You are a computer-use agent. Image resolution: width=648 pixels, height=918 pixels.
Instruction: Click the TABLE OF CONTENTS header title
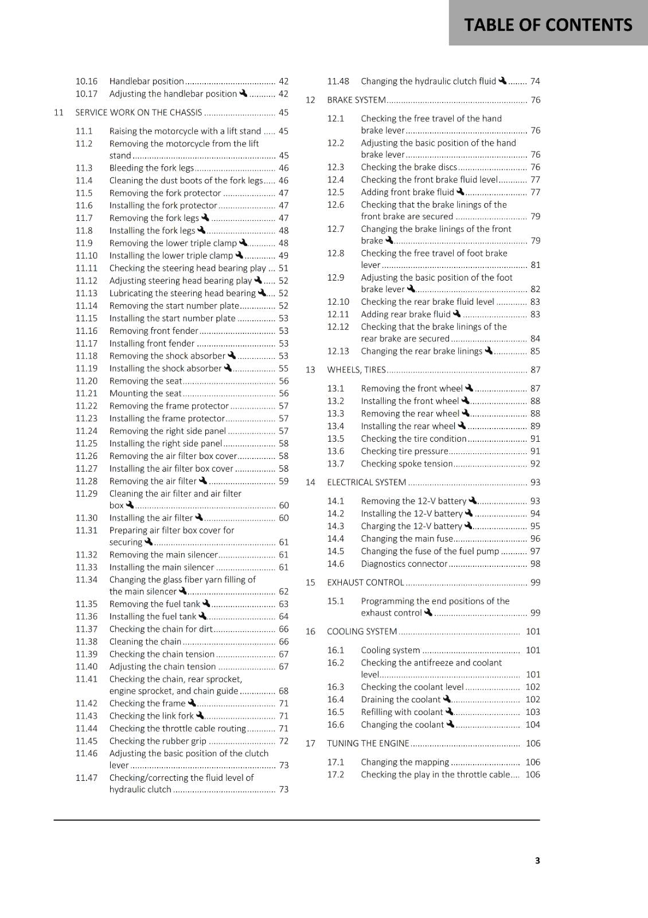pos(548,25)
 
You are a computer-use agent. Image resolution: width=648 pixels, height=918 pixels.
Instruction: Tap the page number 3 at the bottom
pos(537,860)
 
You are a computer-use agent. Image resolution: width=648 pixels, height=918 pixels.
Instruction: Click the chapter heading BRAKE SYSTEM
pos(356,100)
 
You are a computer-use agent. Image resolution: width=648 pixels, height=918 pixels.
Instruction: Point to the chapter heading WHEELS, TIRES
pos(356,370)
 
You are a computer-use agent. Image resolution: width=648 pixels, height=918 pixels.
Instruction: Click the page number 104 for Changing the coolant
pos(533,725)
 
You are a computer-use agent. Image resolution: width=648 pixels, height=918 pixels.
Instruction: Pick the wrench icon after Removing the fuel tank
pos(206,604)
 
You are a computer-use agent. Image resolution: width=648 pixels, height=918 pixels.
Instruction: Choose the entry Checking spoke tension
pos(407,464)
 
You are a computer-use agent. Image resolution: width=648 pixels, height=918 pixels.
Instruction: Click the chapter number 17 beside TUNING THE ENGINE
pos(310,744)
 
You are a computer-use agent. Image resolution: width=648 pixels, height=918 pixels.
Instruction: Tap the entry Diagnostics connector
pos(404,564)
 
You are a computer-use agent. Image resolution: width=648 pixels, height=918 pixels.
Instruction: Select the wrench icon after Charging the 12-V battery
pos(469,526)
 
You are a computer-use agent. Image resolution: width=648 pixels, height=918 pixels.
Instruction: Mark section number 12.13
pos(338,351)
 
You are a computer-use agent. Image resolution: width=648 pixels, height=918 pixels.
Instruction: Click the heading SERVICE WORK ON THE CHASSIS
pos(138,112)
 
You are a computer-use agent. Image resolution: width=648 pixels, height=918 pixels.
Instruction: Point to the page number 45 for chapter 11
pos(283,112)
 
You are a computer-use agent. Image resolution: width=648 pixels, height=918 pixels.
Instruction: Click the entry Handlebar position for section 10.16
pos(146,81)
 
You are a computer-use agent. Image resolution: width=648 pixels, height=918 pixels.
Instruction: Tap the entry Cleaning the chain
pos(145,641)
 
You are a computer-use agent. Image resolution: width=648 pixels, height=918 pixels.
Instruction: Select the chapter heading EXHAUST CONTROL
pos(365,582)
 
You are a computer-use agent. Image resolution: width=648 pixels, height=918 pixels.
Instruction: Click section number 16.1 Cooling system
pos(335,650)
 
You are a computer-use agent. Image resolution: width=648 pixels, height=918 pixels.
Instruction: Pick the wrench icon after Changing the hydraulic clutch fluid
pos(503,81)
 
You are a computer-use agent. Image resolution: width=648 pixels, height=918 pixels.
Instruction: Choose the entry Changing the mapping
pos(405,762)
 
